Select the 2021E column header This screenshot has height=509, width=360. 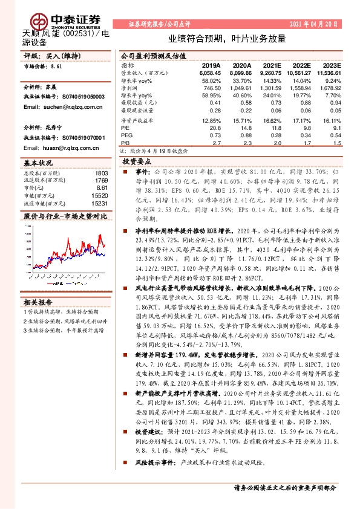(272, 66)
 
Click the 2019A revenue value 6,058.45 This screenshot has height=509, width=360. (208, 72)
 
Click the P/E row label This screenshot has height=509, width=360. (125, 128)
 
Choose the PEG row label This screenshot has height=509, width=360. (127, 136)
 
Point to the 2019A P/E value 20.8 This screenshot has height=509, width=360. (215, 128)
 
